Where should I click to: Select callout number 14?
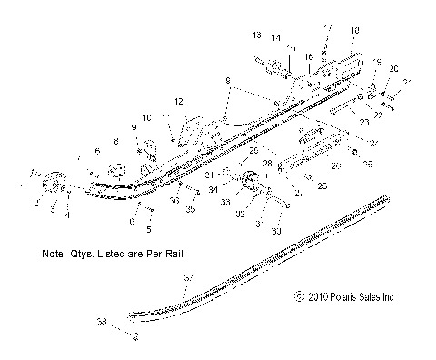(274, 38)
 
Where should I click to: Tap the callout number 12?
(179, 101)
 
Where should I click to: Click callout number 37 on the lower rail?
(188, 276)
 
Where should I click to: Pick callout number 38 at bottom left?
(102, 321)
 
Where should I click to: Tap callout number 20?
(393, 69)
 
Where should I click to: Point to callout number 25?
(322, 184)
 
